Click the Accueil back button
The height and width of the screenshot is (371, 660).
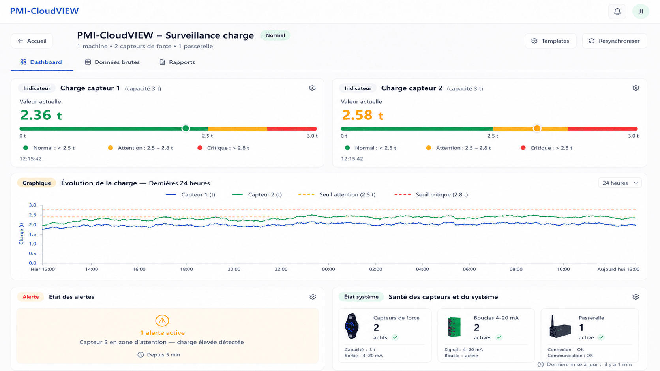point(32,41)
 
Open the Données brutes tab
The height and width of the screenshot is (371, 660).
point(112,62)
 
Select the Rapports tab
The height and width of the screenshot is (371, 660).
point(177,62)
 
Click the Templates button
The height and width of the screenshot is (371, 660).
point(550,41)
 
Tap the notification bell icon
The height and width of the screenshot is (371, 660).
point(617,11)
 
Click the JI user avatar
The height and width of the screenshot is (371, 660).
point(641,11)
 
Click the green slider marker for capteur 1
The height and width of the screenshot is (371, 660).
point(186,128)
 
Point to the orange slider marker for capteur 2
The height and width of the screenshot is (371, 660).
point(537,128)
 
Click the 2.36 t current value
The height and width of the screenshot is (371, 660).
point(41,115)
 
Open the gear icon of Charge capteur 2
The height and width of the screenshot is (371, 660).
point(636,88)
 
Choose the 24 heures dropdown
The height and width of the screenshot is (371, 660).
point(620,183)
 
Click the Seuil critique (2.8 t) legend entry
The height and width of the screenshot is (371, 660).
point(431,194)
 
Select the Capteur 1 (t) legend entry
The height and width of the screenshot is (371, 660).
point(190,194)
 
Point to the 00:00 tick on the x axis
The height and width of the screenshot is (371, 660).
point(328,269)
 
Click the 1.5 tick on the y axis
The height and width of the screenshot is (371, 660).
point(32,235)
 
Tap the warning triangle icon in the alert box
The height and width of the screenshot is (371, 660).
point(162,321)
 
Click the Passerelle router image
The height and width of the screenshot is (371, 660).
point(560,327)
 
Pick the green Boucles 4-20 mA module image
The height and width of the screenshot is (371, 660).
point(454,327)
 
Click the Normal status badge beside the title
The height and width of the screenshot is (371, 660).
point(275,35)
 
